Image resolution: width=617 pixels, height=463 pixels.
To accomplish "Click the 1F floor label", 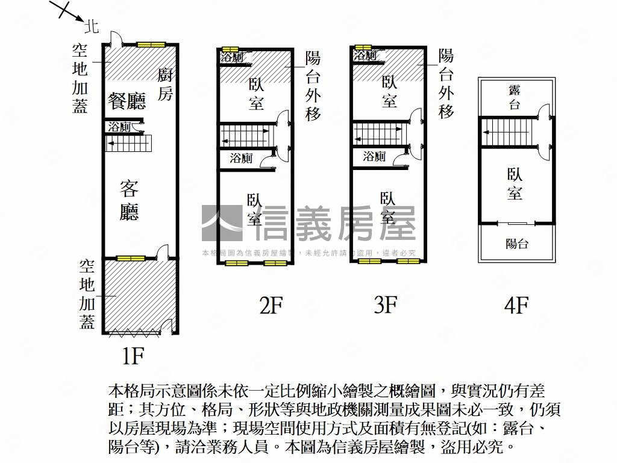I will [x=133, y=357].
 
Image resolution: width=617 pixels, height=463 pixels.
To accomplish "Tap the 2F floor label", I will [x=271, y=306].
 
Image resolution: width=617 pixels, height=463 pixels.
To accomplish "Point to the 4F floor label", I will [x=516, y=306].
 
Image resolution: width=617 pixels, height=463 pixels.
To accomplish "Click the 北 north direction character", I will [x=92, y=25].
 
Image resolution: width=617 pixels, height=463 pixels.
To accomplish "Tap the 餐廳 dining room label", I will [x=127, y=101].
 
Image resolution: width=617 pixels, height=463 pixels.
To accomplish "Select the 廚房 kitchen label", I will [x=166, y=85].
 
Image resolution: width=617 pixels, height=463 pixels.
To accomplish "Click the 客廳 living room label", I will [x=129, y=200].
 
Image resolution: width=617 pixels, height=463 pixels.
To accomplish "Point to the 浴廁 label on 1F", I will [x=119, y=128].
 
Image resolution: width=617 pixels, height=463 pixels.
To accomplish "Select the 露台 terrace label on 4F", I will [x=515, y=97].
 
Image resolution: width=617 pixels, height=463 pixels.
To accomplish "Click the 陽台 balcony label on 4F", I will [x=516, y=244].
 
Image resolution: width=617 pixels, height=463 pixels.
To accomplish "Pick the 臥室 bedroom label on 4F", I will [x=515, y=184].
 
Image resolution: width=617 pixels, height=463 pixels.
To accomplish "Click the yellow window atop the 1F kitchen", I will [x=150, y=44].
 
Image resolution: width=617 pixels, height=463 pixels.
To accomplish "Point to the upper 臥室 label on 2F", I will [x=256, y=94].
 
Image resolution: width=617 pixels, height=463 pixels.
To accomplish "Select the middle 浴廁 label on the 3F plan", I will [x=374, y=157].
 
